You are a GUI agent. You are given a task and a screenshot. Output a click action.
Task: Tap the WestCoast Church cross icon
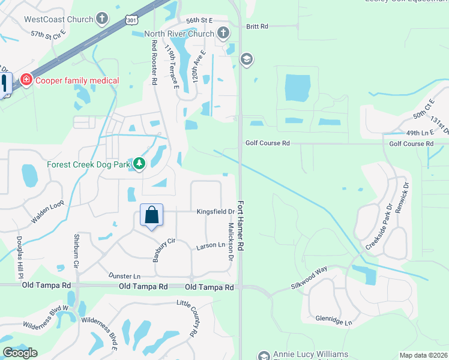(x=103, y=19)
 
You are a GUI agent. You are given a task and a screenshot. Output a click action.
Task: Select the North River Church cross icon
(x=223, y=34)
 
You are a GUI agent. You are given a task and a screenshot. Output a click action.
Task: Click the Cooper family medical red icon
(x=26, y=80)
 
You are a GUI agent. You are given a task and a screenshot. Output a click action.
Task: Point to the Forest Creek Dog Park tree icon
(x=139, y=164)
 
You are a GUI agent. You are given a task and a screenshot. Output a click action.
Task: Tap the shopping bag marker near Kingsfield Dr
(x=151, y=215)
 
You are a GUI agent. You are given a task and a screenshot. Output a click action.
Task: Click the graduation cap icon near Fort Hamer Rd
(x=246, y=59)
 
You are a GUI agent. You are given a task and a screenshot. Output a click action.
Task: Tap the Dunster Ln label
(x=124, y=276)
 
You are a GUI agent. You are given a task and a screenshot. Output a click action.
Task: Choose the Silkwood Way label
(x=310, y=269)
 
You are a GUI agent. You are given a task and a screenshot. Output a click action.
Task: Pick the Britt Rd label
(x=256, y=26)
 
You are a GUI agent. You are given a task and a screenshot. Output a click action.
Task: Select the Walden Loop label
(x=48, y=213)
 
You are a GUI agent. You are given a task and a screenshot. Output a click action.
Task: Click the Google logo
(x=20, y=353)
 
